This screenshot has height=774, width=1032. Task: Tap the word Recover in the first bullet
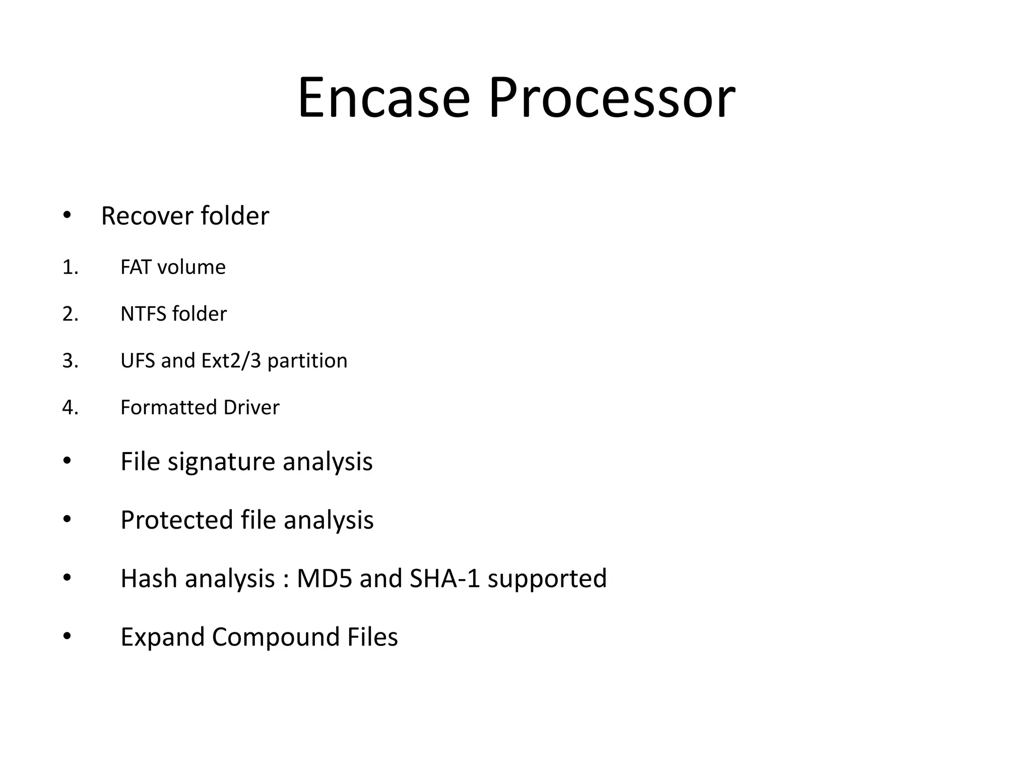(147, 216)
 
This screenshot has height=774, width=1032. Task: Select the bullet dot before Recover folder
(67, 215)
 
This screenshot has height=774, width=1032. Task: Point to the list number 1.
(70, 267)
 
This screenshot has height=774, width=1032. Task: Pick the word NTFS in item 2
(143, 314)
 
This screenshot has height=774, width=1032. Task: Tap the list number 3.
(70, 361)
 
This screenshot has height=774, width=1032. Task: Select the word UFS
(138, 361)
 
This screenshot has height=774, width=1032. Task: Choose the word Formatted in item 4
(169, 407)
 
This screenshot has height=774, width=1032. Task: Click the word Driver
(251, 407)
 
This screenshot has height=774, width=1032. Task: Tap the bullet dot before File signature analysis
(67, 461)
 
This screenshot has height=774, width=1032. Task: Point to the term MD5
(324, 578)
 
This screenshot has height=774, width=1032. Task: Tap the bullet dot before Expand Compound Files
(67, 636)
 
